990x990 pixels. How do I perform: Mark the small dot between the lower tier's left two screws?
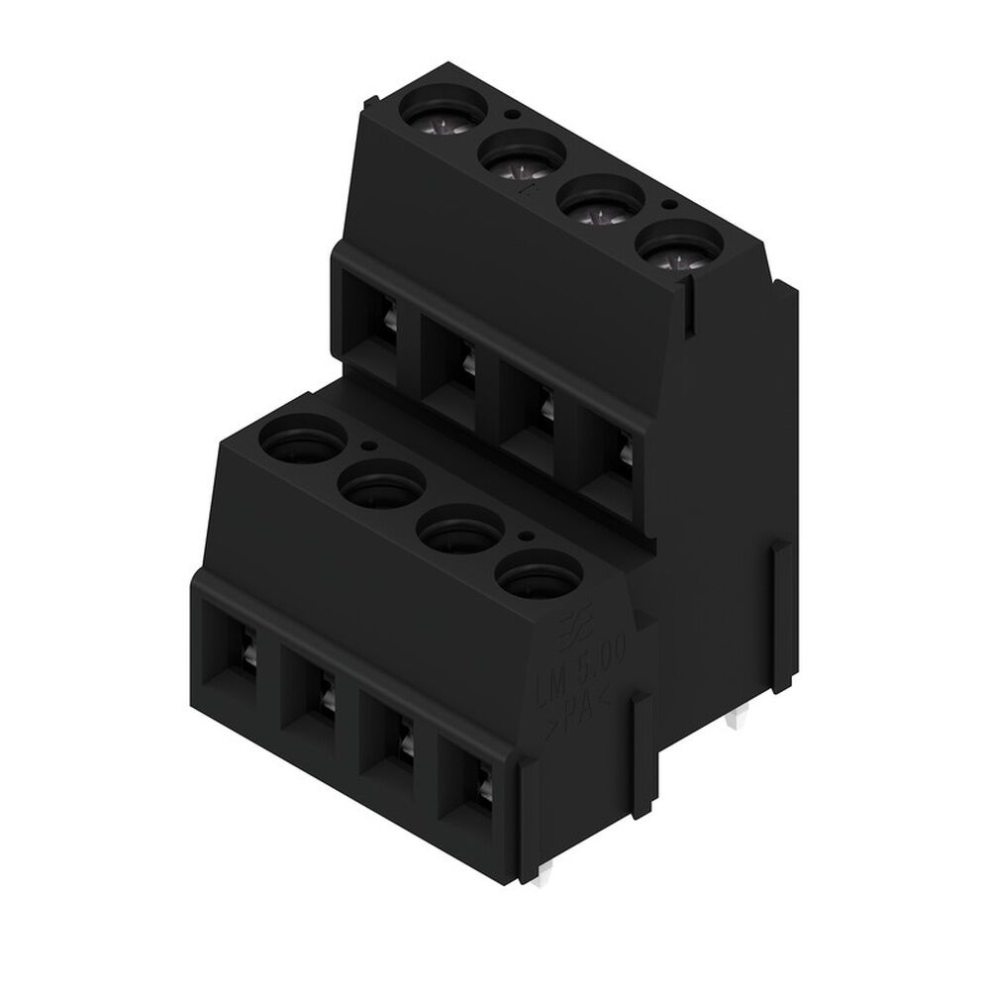(368, 446)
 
